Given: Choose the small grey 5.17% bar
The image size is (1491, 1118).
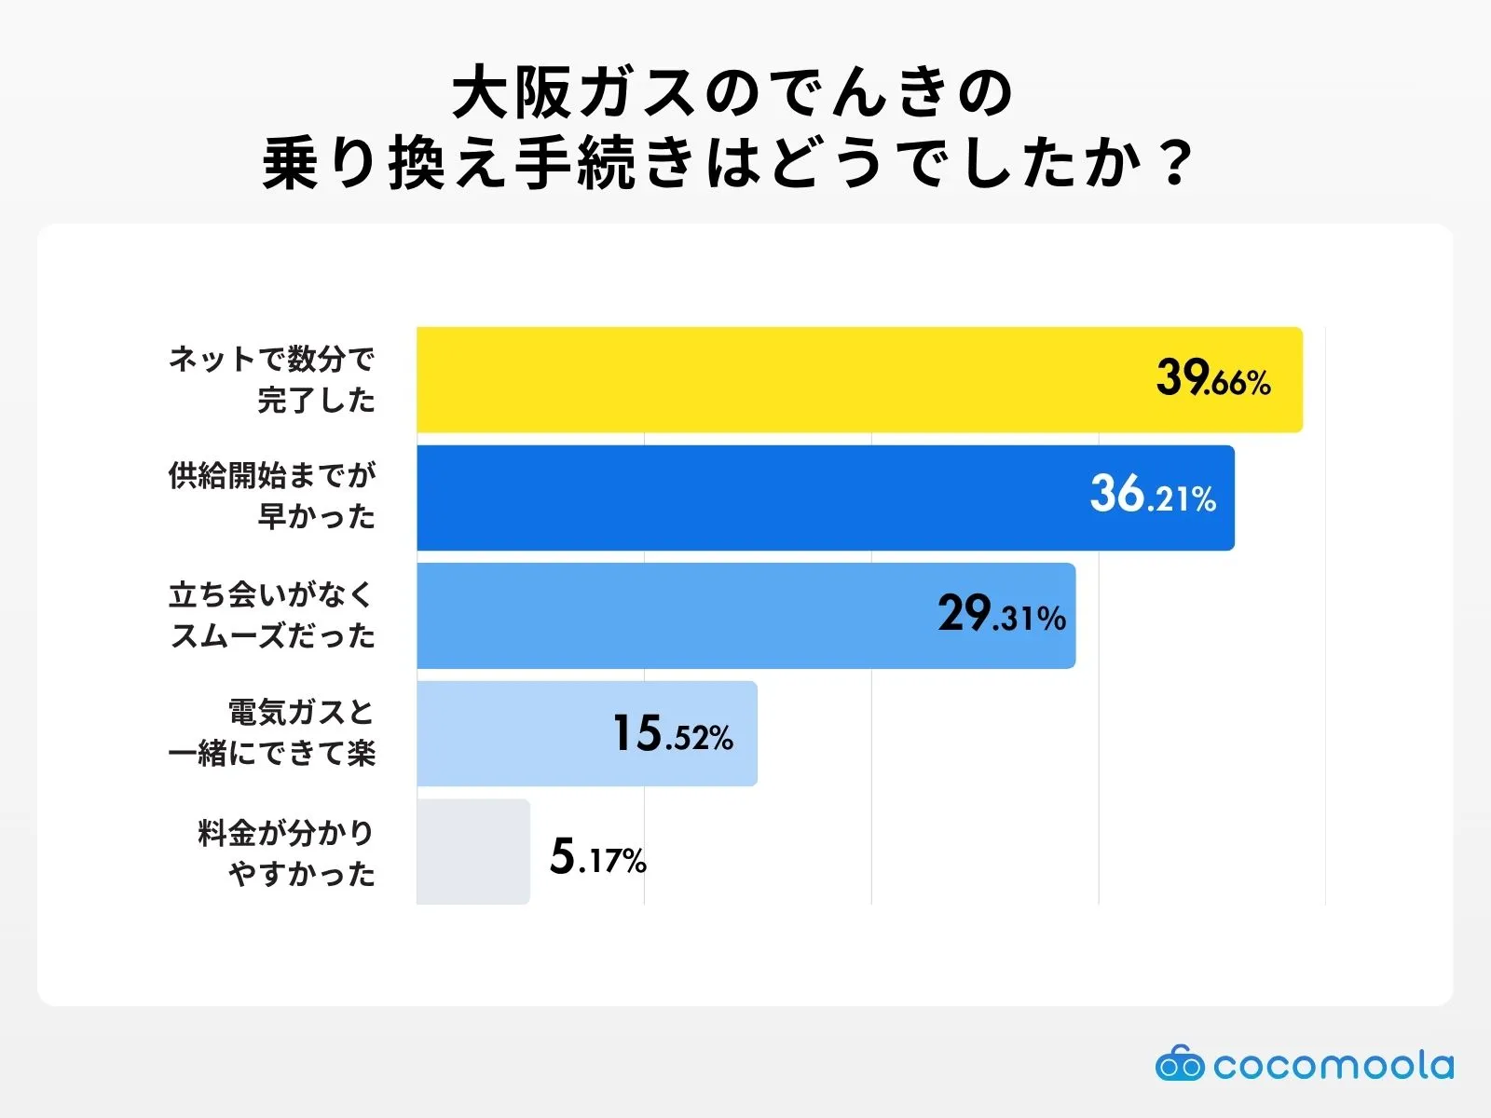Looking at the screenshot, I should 472,852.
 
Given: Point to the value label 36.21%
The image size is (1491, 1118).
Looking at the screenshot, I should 1153,495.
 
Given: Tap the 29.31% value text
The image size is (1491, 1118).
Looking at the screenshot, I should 1002,615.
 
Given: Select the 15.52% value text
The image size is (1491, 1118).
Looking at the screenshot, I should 672,734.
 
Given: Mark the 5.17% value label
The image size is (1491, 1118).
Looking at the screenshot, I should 597,856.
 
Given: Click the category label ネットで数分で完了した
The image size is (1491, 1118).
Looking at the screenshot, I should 272,379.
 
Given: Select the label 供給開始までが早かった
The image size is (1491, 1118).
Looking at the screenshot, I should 272,496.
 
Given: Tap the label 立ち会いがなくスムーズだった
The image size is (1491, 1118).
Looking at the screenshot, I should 272,615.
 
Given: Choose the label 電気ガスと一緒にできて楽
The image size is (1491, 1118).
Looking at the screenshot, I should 272,733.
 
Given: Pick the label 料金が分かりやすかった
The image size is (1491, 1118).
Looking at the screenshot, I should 287,852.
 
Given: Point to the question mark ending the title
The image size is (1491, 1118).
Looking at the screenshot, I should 1179,164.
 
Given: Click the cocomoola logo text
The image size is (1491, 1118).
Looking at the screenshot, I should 1334,1065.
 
